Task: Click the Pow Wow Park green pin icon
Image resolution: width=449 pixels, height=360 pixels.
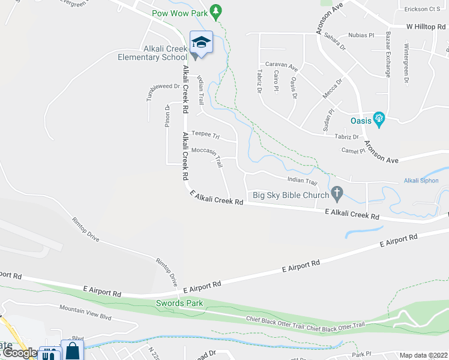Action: click(x=217, y=11)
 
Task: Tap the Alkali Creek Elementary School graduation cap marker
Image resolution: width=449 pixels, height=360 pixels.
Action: click(x=201, y=43)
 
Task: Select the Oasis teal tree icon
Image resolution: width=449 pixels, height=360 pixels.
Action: click(x=379, y=119)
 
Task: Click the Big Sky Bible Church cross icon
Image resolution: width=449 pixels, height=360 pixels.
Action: click(x=337, y=194)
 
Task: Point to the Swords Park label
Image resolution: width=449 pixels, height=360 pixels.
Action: click(x=179, y=304)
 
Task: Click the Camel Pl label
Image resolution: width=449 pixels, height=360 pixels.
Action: click(x=353, y=151)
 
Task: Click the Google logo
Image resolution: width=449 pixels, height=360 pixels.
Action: click(x=20, y=353)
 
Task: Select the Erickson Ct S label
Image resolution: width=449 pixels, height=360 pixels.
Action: click(x=422, y=9)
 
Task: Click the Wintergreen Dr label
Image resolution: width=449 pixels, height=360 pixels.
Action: click(x=406, y=63)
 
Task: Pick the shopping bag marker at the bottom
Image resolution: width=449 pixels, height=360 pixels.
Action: click(x=73, y=351)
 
